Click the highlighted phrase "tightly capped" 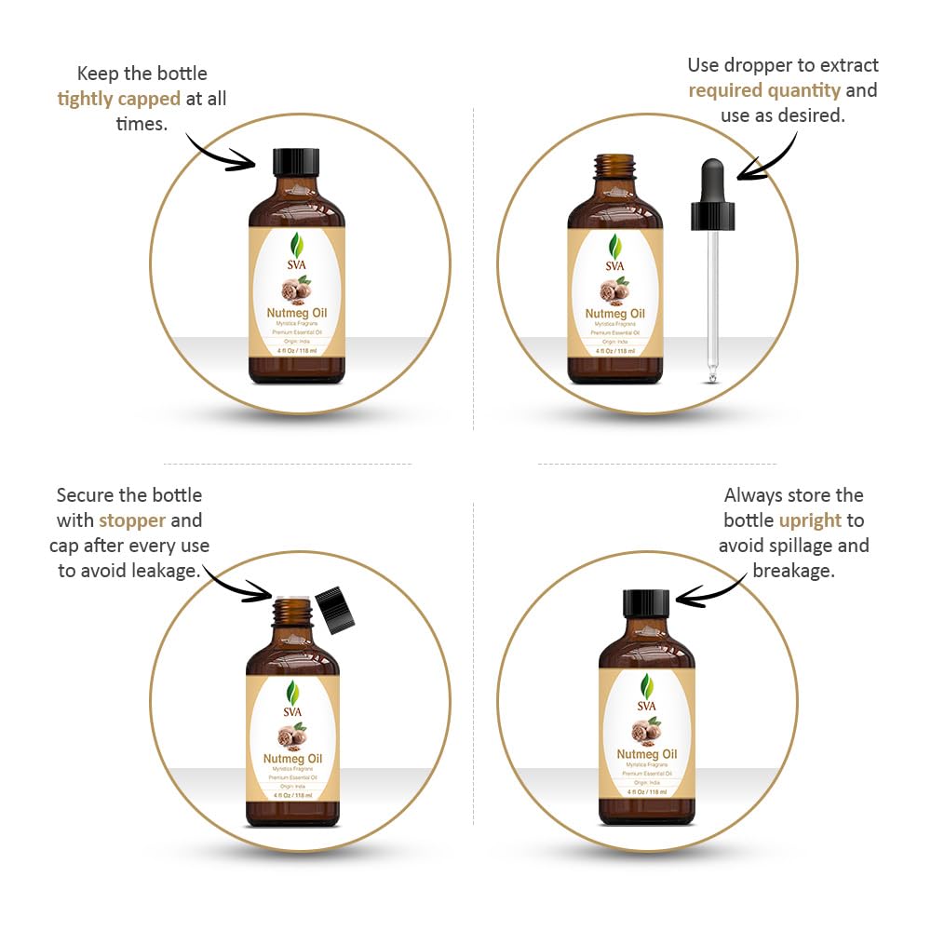click(x=118, y=99)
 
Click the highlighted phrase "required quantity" click(x=764, y=90)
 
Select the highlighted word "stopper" click(x=132, y=519)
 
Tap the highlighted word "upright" click(x=810, y=520)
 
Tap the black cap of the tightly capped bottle click(x=296, y=162)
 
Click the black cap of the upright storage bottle click(x=646, y=603)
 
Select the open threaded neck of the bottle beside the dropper click(x=614, y=168)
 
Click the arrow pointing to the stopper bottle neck click(x=237, y=584)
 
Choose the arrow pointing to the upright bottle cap click(x=712, y=588)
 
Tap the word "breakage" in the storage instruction click(x=793, y=570)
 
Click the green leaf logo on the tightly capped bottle click(x=296, y=245)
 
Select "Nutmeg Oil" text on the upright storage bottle click(x=646, y=753)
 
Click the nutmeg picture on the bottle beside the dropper click(x=614, y=292)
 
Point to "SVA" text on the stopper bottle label click(x=293, y=712)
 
